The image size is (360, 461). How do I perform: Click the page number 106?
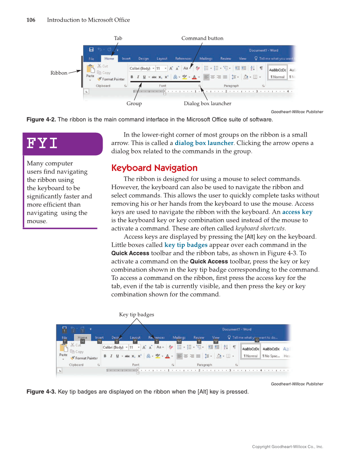click(x=31, y=20)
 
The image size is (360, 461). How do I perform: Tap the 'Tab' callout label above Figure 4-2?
click(x=118, y=38)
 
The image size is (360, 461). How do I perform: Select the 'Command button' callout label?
click(x=202, y=38)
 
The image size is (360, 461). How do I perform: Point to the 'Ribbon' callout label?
click(x=59, y=73)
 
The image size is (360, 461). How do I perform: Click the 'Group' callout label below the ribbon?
click(x=134, y=103)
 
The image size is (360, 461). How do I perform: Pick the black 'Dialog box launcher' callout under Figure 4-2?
click(x=207, y=103)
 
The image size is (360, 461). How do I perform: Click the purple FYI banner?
click(x=63, y=144)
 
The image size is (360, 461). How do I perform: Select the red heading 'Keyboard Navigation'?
click(x=154, y=168)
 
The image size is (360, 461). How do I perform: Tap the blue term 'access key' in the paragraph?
click(x=297, y=212)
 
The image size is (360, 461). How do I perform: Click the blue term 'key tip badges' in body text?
click(x=186, y=245)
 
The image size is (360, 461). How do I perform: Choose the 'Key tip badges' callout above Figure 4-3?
click(x=137, y=314)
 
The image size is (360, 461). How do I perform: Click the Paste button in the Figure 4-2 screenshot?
click(x=90, y=71)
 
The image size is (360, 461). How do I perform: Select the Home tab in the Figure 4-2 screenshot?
click(x=109, y=59)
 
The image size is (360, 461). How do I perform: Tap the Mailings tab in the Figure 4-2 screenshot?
click(x=206, y=59)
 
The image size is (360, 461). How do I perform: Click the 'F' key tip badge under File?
click(x=65, y=341)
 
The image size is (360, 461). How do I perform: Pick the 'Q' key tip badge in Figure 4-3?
click(x=257, y=340)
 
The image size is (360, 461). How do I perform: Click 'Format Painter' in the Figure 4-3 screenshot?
click(x=87, y=358)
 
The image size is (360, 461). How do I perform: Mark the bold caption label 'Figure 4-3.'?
click(x=41, y=391)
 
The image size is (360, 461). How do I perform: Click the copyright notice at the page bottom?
click(x=287, y=447)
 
